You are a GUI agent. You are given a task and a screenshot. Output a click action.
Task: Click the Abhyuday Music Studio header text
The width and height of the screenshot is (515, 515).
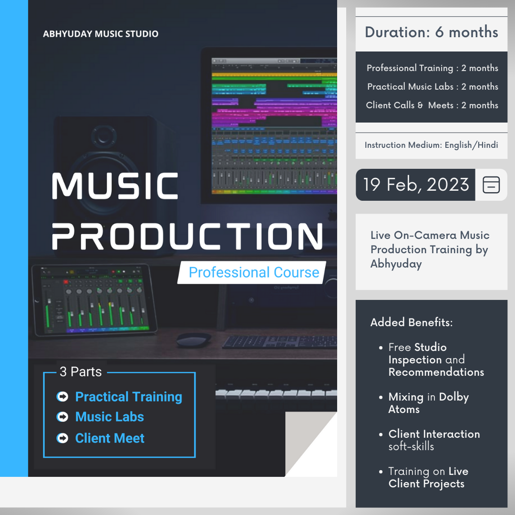coord(101,34)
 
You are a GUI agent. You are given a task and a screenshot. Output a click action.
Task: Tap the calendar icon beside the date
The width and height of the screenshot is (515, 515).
coord(491,185)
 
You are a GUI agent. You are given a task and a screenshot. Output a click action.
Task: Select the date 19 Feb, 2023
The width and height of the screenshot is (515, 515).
coord(416,184)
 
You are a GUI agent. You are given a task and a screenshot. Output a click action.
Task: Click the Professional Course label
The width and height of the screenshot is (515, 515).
coord(254,272)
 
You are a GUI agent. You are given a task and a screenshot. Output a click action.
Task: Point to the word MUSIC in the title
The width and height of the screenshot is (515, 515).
coord(115,186)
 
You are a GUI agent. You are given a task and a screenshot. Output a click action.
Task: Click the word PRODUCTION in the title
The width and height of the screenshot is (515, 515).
coord(187,236)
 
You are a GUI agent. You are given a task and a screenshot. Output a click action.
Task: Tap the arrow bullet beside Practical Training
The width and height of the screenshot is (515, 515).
coord(62,396)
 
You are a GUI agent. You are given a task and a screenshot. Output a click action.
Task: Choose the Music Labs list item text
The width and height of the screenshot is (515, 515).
coord(109,417)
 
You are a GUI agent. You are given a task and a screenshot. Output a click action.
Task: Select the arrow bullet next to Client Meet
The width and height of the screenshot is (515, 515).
coord(62,438)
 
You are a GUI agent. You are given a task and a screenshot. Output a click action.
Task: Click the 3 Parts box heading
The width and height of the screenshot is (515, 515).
coord(81,372)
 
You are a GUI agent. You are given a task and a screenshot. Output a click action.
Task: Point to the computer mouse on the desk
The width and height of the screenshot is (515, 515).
coord(194,340)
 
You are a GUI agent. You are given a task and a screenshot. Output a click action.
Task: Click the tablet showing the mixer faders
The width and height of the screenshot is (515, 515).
coord(94,299)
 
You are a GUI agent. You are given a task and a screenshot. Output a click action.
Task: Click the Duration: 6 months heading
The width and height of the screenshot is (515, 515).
coord(431,32)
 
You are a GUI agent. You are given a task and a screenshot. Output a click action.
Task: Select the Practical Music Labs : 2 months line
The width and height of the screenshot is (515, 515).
coord(433,86)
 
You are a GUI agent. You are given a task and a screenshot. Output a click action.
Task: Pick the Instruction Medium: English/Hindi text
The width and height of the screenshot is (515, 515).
coord(431,145)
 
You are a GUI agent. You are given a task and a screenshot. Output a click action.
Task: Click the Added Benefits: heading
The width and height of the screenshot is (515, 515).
coord(412,322)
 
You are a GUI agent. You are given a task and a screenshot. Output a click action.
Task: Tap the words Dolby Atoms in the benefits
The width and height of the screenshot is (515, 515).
coord(429,403)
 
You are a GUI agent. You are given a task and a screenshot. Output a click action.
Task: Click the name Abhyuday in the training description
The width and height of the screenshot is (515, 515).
coord(396,264)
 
